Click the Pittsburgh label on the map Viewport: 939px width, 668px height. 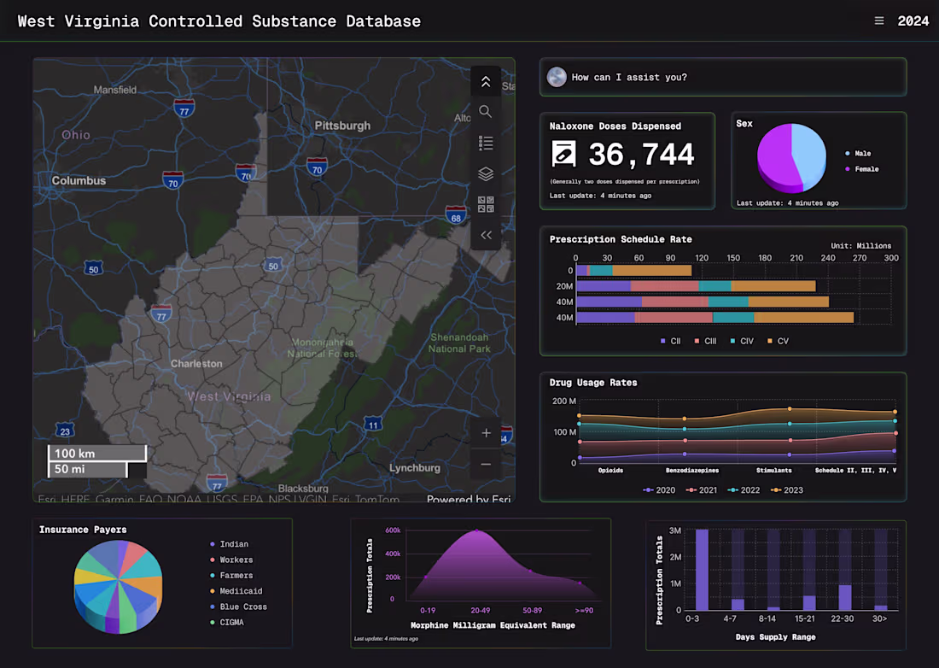point(342,126)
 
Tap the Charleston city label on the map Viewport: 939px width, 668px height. point(196,363)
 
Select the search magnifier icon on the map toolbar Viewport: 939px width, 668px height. point(486,112)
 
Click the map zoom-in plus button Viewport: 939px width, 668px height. point(486,433)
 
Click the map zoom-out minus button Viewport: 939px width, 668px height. point(486,464)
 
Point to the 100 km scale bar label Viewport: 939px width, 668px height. point(75,454)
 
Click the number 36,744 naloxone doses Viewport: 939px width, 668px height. point(641,155)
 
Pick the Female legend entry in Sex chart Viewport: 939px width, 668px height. point(866,169)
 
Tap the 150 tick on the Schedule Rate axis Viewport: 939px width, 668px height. point(733,258)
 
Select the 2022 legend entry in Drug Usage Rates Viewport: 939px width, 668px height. point(744,490)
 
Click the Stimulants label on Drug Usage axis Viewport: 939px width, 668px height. point(773,470)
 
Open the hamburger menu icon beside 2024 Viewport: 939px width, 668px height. point(879,21)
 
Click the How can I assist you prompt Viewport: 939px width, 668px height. point(629,78)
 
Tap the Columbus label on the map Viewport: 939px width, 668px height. point(79,181)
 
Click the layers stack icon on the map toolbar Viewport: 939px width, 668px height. point(486,174)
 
